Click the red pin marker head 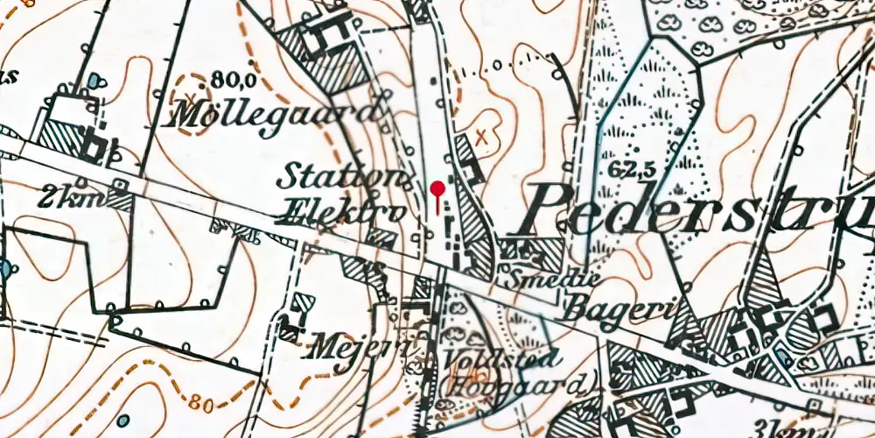pos(437,187)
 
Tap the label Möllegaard pos(278,113)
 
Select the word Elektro pos(341,211)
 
